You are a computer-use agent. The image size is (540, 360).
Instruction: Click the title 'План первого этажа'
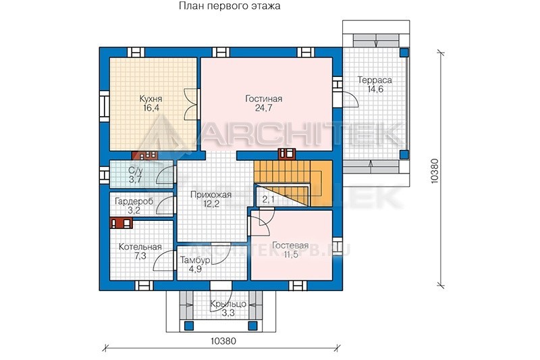tap(230, 6)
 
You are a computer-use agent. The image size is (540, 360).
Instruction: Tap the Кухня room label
tap(151, 99)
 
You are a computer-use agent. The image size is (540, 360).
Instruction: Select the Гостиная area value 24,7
tap(263, 108)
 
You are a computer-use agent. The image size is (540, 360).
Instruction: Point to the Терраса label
tap(375, 80)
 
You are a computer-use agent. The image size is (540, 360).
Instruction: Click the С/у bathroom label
tap(136, 170)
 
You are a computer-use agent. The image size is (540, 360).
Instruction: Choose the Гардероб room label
tap(134, 201)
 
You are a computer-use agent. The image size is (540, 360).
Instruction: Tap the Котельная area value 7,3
tap(140, 256)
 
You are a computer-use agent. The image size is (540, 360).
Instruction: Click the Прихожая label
tap(211, 195)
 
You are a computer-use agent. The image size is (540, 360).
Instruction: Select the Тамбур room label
tap(195, 261)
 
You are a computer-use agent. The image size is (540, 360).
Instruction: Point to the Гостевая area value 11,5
tap(291, 255)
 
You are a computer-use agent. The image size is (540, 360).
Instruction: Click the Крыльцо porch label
tap(228, 304)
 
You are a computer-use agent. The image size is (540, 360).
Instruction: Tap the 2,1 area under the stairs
tap(268, 199)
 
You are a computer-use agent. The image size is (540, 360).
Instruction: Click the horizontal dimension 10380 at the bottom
tap(223, 341)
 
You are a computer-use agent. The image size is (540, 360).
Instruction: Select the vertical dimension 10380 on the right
tap(435, 171)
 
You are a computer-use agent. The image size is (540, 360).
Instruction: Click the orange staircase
tap(293, 183)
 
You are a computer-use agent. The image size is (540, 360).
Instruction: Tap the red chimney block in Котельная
tap(122, 223)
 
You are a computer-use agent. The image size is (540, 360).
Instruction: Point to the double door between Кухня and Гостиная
tap(192, 104)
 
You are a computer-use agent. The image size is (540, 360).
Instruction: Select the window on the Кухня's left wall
tap(105, 106)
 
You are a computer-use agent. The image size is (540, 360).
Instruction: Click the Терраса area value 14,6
tap(375, 89)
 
